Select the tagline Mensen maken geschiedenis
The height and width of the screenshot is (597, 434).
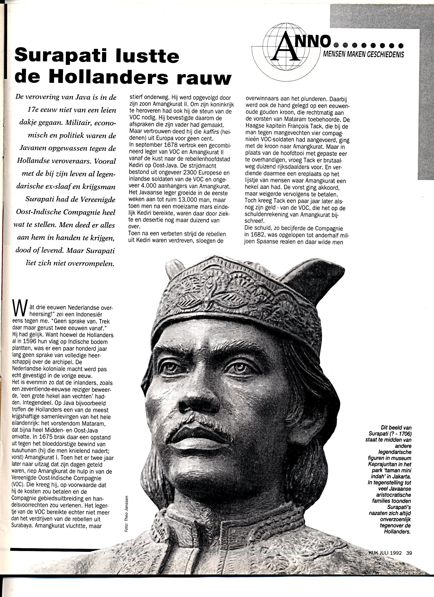(x=363, y=54)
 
